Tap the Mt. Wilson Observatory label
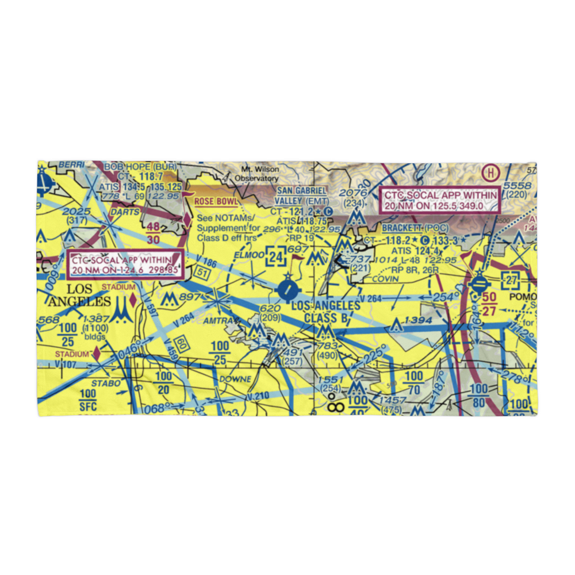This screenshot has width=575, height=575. coord(260,174)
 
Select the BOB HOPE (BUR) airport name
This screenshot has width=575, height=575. coord(140,167)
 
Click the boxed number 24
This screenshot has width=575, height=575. coord(276,258)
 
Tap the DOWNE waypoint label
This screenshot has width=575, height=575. coord(234,379)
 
